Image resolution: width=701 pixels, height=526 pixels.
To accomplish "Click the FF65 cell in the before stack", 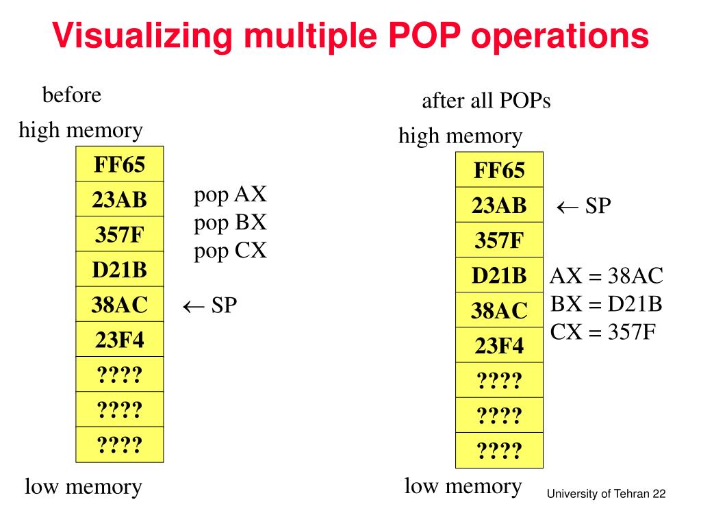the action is click(x=120, y=164).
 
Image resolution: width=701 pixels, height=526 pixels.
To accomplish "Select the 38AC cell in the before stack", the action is click(x=120, y=305).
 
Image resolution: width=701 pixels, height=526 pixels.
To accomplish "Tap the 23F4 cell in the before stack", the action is click(x=120, y=340).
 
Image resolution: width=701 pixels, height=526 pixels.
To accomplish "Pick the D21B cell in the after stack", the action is click(x=499, y=275).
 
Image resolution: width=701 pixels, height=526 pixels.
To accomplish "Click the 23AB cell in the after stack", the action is click(x=499, y=205).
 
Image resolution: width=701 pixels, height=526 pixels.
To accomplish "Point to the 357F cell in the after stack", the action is click(x=499, y=240).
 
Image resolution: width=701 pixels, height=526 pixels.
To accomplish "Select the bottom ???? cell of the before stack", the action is click(x=120, y=445).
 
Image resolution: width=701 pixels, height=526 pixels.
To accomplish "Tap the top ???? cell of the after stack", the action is click(x=499, y=380).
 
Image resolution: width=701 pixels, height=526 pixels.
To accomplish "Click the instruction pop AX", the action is click(x=230, y=195).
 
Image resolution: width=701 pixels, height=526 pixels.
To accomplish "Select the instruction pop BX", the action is click(x=230, y=223).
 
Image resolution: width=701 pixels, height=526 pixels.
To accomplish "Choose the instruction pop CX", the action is click(x=230, y=251).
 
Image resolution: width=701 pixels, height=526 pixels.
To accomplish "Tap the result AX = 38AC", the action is click(x=607, y=276).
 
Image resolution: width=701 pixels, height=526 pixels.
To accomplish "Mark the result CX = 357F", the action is click(x=603, y=332).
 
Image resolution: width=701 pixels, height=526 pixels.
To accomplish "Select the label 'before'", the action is click(x=72, y=95).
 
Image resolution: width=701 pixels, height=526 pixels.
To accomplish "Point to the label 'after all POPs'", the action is click(x=486, y=101).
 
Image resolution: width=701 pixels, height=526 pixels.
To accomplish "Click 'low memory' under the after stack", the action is click(x=463, y=486).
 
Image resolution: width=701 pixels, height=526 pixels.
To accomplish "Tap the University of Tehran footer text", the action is click(x=607, y=495).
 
